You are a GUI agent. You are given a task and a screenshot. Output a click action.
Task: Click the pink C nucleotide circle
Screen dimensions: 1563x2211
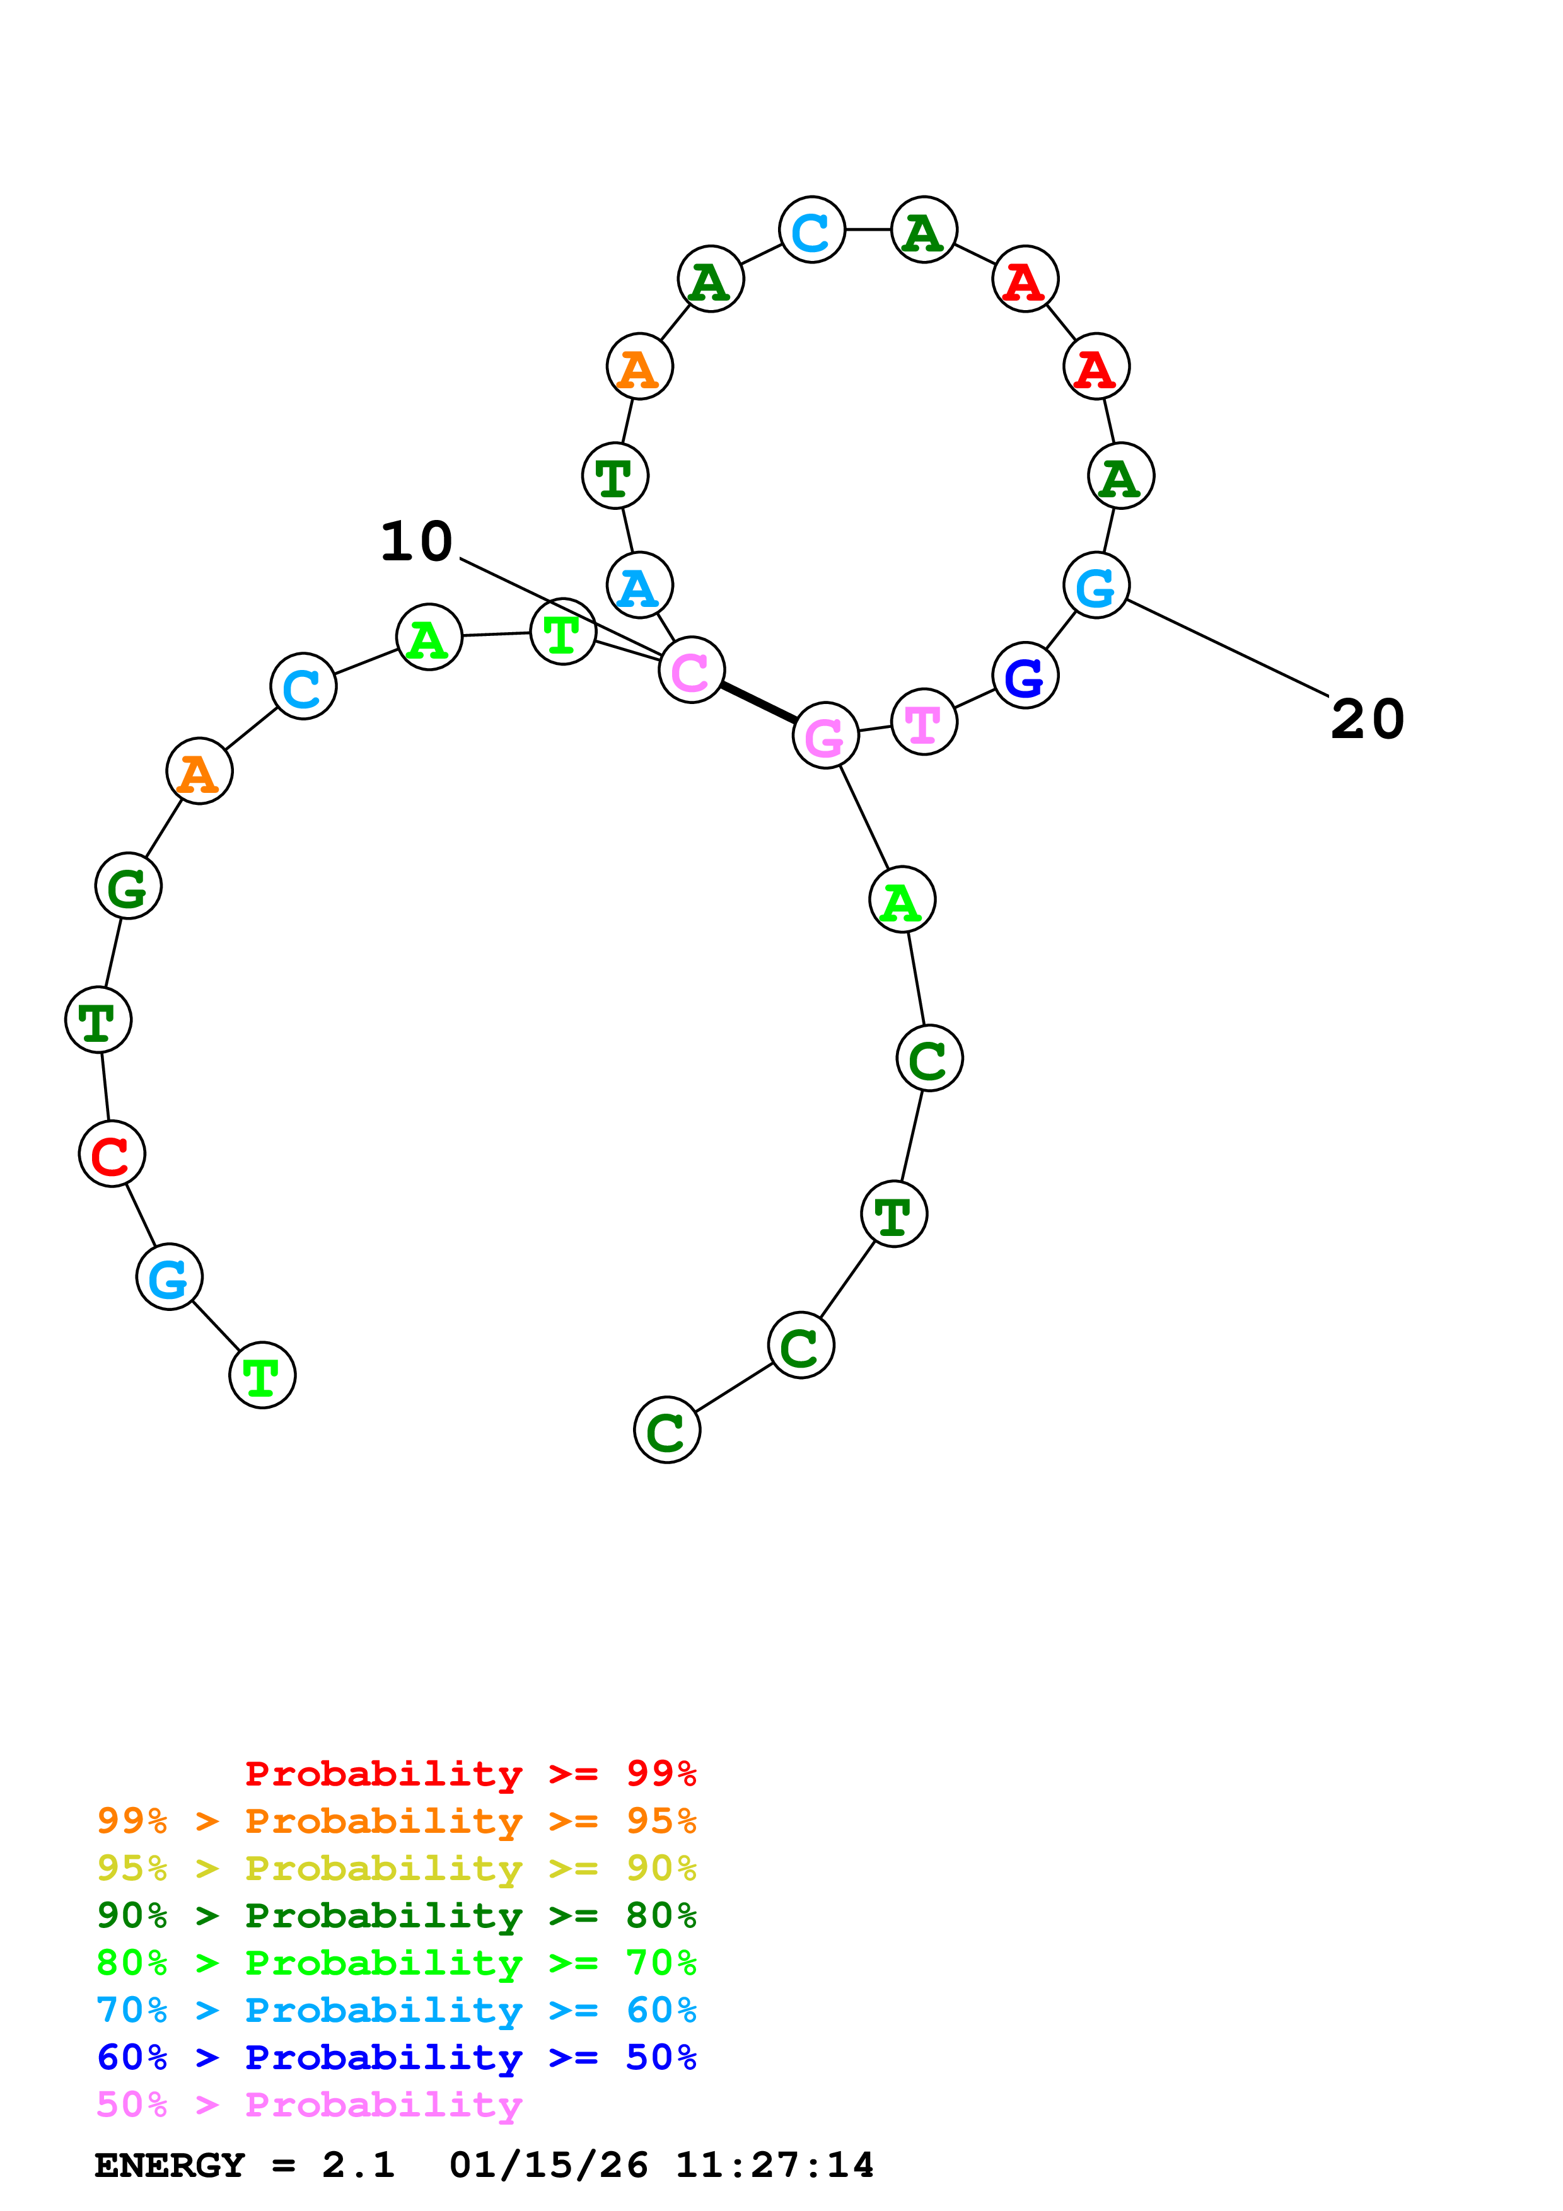click(690, 669)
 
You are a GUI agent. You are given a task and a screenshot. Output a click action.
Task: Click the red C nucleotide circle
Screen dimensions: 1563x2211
click(112, 1153)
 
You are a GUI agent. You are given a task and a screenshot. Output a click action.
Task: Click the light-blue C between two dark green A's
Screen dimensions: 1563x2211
click(812, 229)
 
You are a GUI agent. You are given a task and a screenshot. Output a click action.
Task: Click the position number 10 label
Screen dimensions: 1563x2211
click(416, 541)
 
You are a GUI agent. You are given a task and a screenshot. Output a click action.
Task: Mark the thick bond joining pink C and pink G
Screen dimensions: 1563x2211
click(758, 702)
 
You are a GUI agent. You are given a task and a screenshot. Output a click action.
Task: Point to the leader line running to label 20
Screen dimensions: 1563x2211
click(1228, 647)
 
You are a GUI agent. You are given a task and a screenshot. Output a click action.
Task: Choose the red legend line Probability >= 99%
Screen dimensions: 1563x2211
click(470, 1774)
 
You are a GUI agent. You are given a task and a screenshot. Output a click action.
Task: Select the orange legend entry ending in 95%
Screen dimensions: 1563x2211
click(396, 1821)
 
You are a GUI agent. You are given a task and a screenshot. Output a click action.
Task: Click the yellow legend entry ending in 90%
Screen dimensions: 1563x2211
click(396, 1868)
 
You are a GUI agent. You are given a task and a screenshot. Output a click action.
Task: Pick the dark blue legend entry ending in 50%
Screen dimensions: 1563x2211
click(396, 2057)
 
